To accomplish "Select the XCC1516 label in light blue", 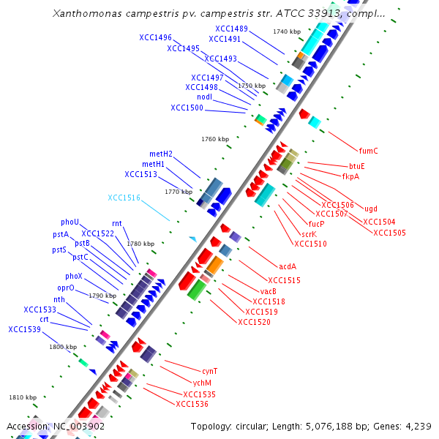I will pyautogui.click(x=124, y=198).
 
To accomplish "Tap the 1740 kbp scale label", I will pyautogui.click(x=286, y=31).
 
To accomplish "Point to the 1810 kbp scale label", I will pyautogui.click(x=23, y=397).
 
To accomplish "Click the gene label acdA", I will pyautogui.click(x=288, y=266).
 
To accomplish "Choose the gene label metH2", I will pyautogui.click(x=161, y=154).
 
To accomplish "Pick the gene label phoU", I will pyautogui.click(x=70, y=222).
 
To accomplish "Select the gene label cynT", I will pyautogui.click(x=209, y=371).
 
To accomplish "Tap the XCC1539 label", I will pyautogui.click(x=26, y=329).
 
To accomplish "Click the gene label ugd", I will pyautogui.click(x=371, y=209).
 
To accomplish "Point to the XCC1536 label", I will pyautogui.click(x=192, y=404).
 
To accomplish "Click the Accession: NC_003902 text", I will pyautogui.click(x=56, y=426).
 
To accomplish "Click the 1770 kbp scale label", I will pyautogui.click(x=179, y=192).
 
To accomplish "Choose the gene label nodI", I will pyautogui.click(x=204, y=97).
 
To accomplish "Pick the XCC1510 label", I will pyautogui.click(x=310, y=244).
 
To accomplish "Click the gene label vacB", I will pyautogui.click(x=268, y=290).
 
